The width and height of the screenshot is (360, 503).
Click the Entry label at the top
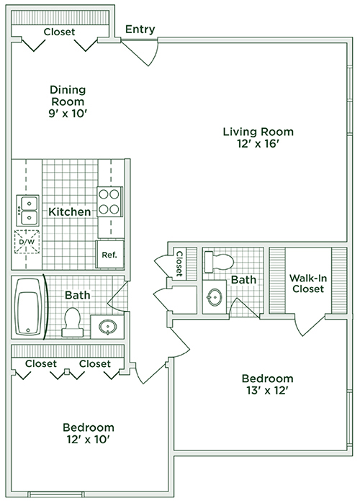pyautogui.click(x=140, y=30)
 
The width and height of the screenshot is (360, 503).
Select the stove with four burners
pyautogui.click(x=109, y=201)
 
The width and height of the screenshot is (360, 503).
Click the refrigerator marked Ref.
pyautogui.click(x=110, y=254)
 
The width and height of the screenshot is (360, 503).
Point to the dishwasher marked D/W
pyautogui.click(x=27, y=242)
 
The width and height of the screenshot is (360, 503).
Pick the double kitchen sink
pyautogui.click(x=28, y=210)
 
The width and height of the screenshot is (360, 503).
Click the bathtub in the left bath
pyautogui.click(x=28, y=307)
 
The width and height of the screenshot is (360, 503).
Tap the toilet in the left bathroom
pyautogui.click(x=72, y=322)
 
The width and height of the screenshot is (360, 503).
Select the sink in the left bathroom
pyautogui.click(x=107, y=327)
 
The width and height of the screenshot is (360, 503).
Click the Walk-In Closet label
pyautogui.click(x=308, y=284)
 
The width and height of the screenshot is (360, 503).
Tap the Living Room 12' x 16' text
pyautogui.click(x=258, y=137)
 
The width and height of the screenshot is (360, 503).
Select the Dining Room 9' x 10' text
pyautogui.click(x=68, y=101)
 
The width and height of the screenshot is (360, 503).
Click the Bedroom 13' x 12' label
pyautogui.click(x=267, y=384)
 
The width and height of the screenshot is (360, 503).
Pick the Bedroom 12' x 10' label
pyautogui.click(x=89, y=433)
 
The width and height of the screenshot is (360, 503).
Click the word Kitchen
pyautogui.click(x=70, y=212)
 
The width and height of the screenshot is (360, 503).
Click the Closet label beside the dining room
pyautogui.click(x=59, y=32)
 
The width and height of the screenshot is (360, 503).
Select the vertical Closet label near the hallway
pyautogui.click(x=179, y=263)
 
